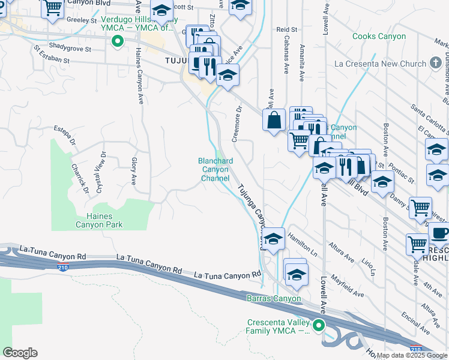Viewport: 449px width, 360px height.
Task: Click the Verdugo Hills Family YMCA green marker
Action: tap(118, 41)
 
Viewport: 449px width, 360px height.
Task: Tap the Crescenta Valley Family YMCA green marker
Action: tap(319, 326)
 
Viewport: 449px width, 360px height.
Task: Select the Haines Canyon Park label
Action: tap(99, 220)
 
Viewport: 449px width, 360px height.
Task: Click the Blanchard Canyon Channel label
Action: tap(215, 169)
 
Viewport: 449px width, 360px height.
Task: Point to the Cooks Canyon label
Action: tap(379, 37)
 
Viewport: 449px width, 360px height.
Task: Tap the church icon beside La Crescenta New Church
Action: tap(436, 63)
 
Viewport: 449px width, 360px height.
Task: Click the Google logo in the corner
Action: tap(20, 352)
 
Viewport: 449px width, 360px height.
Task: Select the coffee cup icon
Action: tap(440, 233)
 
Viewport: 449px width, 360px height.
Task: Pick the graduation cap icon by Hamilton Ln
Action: tap(273, 239)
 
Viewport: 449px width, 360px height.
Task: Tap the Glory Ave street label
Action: tap(133, 171)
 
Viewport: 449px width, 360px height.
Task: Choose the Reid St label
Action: tap(287, 29)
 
